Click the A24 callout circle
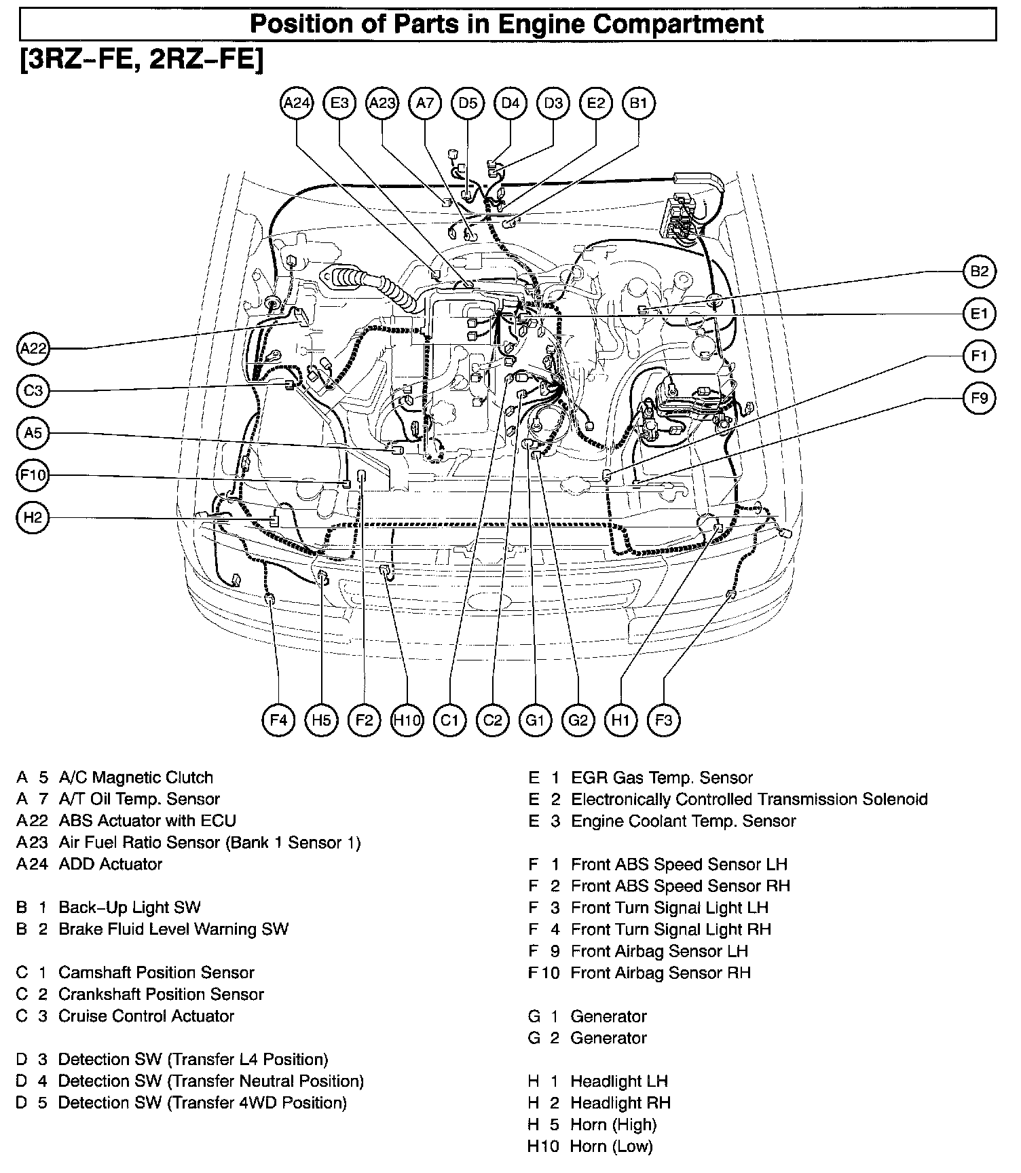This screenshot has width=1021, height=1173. click(x=297, y=103)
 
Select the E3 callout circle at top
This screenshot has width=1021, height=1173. click(x=339, y=103)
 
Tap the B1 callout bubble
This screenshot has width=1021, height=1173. click(x=639, y=103)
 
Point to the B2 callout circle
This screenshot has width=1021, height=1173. click(x=979, y=272)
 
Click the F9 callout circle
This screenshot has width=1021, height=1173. click(x=979, y=398)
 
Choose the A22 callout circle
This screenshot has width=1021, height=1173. click(x=33, y=349)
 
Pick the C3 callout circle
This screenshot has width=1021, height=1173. click(x=33, y=391)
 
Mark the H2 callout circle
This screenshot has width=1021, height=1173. click(x=33, y=518)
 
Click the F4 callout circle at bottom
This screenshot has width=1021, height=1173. click(x=279, y=720)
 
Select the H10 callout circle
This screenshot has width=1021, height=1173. click(x=407, y=720)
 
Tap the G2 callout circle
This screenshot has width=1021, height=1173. click(x=578, y=720)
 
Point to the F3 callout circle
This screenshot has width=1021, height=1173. click(x=663, y=720)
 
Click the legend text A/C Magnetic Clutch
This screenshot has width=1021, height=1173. click(x=136, y=777)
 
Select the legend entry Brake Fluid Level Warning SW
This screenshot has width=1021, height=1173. click(x=173, y=929)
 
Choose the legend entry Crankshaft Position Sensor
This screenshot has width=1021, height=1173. click(x=161, y=994)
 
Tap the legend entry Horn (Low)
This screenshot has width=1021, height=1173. click(x=611, y=1147)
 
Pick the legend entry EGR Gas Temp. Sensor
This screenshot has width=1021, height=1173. click(x=662, y=777)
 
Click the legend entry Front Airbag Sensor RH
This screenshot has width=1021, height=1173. click(x=661, y=973)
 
